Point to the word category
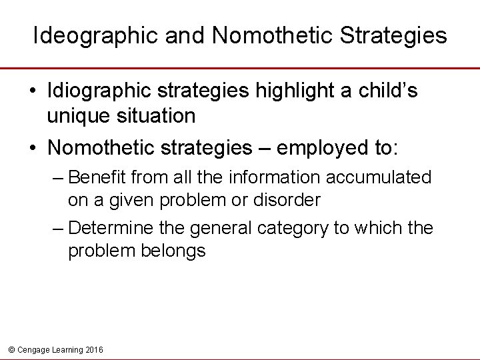(289, 229)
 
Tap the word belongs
(173, 251)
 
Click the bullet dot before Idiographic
(33, 91)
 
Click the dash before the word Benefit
(58, 178)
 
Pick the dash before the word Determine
(58, 229)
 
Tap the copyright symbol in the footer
(10, 350)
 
